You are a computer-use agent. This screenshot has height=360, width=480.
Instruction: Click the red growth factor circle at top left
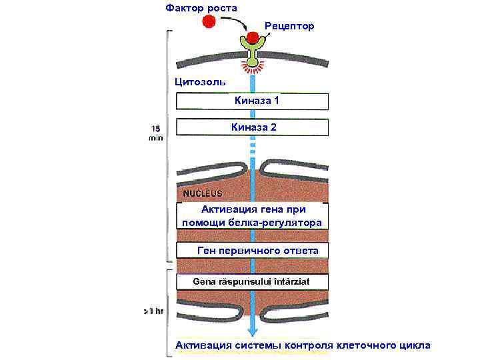point(209,21)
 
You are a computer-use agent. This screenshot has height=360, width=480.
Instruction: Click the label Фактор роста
point(201,7)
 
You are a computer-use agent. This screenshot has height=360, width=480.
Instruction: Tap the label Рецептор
point(289,25)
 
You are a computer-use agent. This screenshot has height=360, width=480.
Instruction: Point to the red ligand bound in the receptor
point(253,37)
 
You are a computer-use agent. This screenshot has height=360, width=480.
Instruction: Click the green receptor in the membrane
point(252,53)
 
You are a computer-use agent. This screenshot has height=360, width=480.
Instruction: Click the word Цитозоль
point(199,82)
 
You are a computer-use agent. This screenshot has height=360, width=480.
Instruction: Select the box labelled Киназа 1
point(252,101)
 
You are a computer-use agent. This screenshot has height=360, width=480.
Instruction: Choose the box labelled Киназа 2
point(252,127)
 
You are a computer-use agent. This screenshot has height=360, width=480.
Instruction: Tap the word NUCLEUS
point(202,193)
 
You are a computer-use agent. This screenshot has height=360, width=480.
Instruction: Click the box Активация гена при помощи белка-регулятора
point(252,216)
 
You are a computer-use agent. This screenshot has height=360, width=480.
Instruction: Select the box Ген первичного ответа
point(252,251)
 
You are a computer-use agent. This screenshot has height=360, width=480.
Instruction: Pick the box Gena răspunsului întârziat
point(252,282)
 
